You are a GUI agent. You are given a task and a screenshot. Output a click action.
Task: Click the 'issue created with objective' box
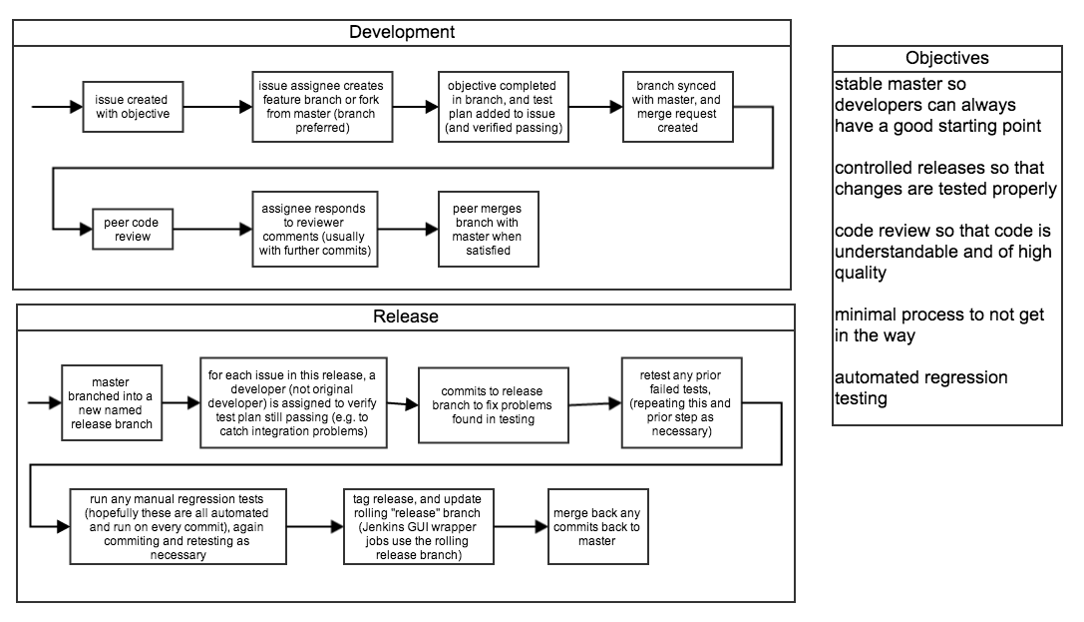pos(132,107)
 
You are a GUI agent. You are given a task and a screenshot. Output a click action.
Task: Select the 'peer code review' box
pos(126,230)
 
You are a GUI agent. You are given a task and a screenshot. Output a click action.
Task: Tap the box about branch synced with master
pos(677,107)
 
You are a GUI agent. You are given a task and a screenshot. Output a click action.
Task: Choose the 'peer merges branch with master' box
pos(488,230)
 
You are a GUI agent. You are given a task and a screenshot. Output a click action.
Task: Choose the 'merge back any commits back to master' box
pos(594,526)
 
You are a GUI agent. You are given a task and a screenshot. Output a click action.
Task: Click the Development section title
pos(401,32)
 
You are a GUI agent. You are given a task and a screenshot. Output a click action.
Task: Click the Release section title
pos(405,317)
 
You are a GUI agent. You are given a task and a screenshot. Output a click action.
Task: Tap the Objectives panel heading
pos(946,58)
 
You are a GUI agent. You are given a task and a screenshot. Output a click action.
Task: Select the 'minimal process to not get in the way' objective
pos(938,324)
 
